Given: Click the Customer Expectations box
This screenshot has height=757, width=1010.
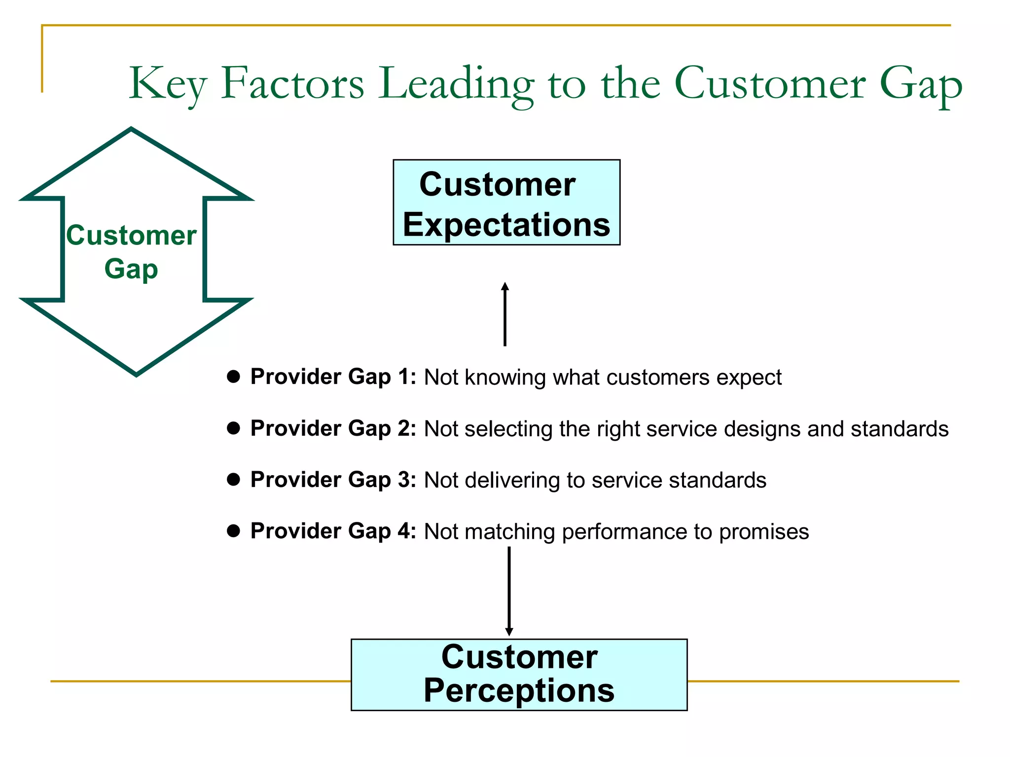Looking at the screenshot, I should pos(506,203).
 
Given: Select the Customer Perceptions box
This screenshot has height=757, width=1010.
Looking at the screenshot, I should pos(519,674).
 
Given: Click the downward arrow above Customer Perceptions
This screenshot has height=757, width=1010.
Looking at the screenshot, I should pos(509,591).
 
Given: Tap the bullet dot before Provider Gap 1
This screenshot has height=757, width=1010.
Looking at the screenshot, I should pos(233,377).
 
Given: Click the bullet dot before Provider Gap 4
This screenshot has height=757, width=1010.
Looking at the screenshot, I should pos(233,531).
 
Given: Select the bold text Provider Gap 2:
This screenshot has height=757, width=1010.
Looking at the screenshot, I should pos(333,428).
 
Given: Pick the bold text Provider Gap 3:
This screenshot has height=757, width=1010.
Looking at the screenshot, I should pos(333,480).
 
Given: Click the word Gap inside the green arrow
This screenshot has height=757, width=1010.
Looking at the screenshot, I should pos(131,269).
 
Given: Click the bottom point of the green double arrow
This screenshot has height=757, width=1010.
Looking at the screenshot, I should pos(136,374).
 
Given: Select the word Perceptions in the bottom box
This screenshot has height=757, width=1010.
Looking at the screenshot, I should pos(519,690).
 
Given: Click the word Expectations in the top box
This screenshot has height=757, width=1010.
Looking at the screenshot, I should pos(506,225).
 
